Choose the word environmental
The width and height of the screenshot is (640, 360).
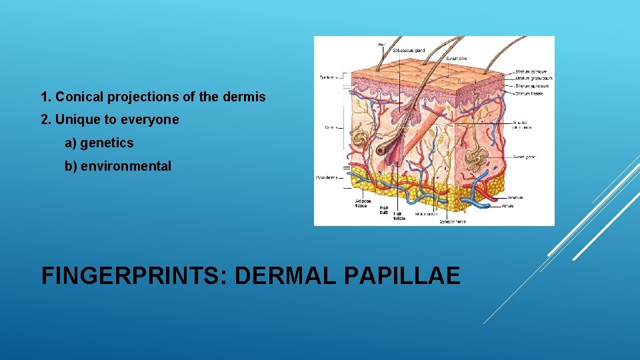click(125, 166)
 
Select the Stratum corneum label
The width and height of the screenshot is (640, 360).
click(531, 71)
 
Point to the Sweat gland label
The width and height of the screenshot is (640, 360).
click(525, 157)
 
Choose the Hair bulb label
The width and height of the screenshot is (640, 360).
click(384, 210)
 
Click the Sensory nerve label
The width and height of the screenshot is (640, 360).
click(453, 221)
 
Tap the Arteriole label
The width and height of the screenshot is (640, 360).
click(515, 197)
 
